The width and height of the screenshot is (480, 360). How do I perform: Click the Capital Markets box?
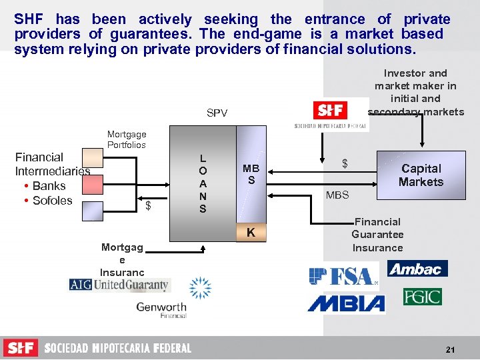click(421, 175)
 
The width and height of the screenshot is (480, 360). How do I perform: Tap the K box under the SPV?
click(251, 233)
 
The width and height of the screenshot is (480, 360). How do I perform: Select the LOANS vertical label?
click(203, 184)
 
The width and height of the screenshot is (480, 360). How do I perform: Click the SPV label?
click(217, 113)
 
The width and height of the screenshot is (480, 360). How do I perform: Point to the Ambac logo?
click(418, 269)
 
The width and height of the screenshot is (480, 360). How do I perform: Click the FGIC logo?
click(422, 296)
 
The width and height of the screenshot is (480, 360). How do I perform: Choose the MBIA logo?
click(346, 304)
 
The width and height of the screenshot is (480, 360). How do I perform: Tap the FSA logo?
click(343, 275)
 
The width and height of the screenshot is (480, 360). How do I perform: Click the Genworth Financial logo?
click(161, 310)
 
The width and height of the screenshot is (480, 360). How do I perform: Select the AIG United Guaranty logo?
click(120, 285)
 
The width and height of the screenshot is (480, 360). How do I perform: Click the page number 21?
click(450, 349)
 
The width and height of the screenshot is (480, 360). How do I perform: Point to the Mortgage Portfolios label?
click(127, 139)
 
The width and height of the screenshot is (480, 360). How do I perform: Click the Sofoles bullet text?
click(52, 201)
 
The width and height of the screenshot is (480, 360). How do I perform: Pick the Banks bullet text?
click(49, 186)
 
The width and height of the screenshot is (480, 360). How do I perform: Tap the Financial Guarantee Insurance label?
click(377, 235)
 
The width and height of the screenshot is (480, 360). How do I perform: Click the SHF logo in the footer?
click(21, 348)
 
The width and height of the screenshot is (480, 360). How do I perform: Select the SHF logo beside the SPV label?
click(331, 110)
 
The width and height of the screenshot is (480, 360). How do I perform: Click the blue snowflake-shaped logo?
click(200, 287)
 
